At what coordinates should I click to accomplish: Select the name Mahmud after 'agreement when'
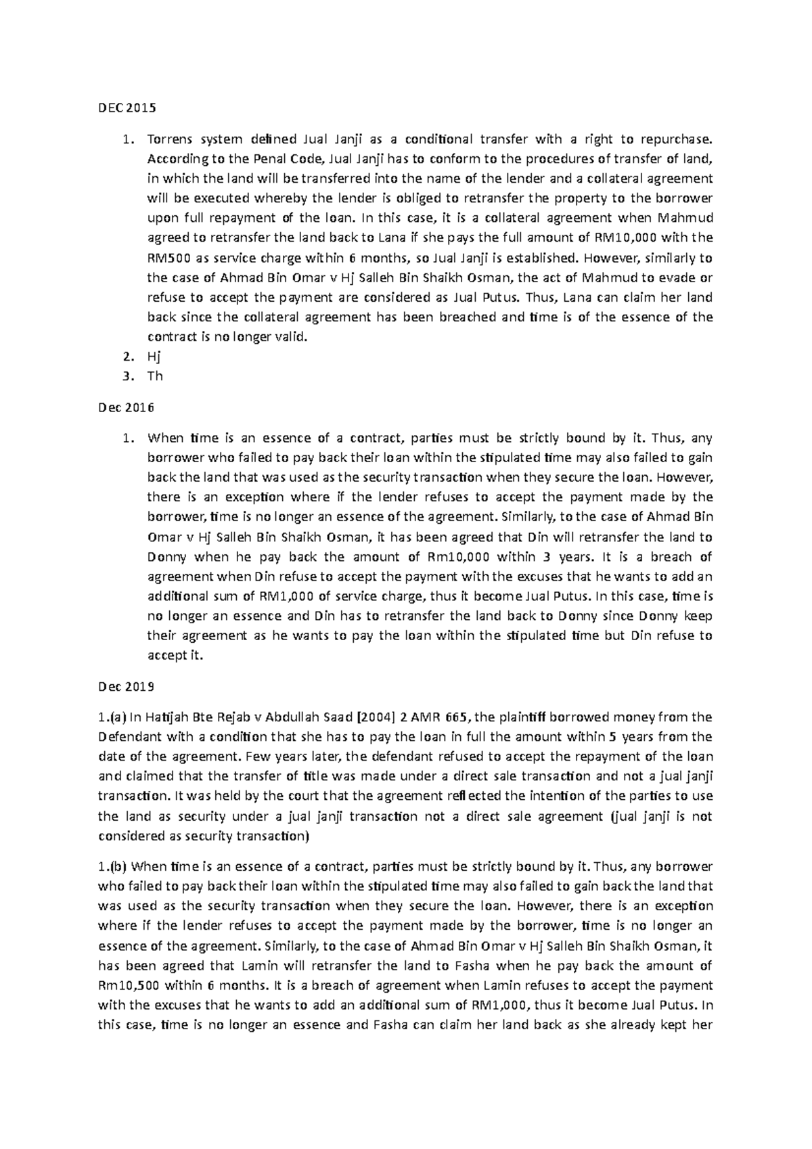685,218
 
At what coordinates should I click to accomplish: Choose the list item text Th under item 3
155,376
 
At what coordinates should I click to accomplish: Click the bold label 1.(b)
113,866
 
